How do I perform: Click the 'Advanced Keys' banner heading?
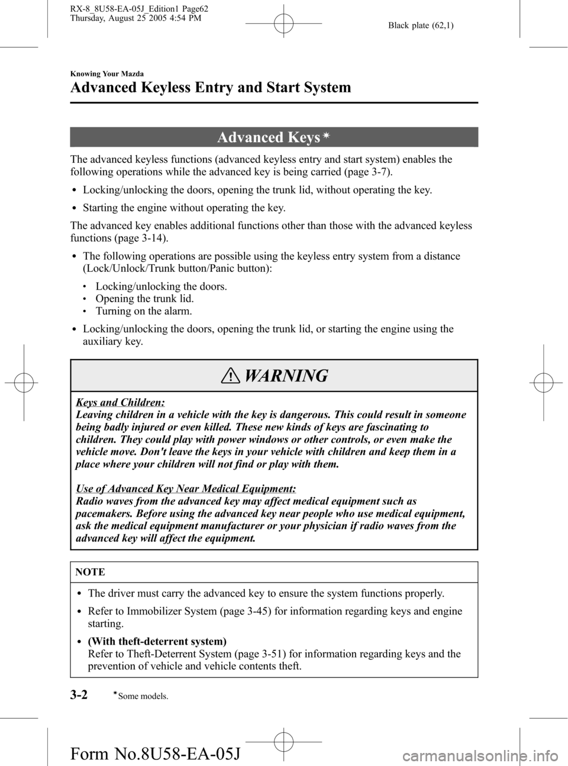point(269,137)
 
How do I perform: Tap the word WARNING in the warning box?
point(286,376)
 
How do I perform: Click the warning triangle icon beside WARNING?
point(234,376)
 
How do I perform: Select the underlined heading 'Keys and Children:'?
point(120,402)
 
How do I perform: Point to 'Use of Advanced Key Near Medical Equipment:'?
point(186,489)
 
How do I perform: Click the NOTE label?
point(91,572)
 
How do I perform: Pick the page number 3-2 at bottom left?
point(79,694)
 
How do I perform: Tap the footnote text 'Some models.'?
point(143,697)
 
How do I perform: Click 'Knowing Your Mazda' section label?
point(106,74)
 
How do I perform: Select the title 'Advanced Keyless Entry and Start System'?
point(210,88)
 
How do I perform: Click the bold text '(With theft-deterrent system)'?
point(157,641)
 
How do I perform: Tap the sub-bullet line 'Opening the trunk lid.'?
point(144,299)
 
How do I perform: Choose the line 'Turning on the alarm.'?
point(144,311)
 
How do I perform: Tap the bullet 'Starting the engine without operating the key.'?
point(184,208)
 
